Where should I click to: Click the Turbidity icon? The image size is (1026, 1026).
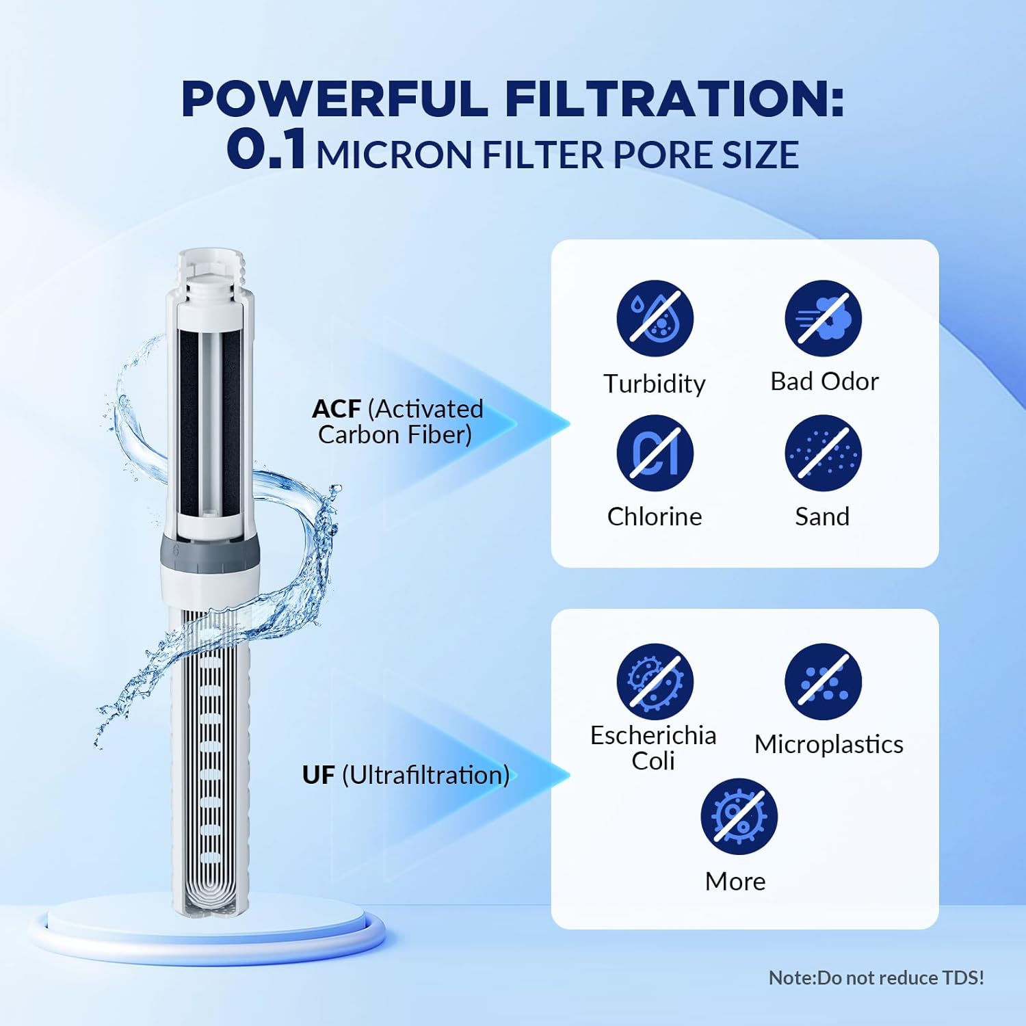pos(655,319)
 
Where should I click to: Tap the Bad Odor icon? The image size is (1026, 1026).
pos(823,319)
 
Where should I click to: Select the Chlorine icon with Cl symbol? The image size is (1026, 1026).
pos(655,453)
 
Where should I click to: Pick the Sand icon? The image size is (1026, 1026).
pos(823,453)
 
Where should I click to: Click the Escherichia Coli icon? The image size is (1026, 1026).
pos(655,681)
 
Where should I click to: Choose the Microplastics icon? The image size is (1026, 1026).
pos(823,681)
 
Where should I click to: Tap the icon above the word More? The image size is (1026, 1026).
pos(739,816)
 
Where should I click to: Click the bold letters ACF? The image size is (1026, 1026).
pos(336,409)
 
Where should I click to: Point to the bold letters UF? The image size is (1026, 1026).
pos(318,775)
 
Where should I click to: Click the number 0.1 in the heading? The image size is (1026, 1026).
pos(266,150)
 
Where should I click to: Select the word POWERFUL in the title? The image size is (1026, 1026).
pos(334,99)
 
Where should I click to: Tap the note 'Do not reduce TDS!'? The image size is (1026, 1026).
pos(876,977)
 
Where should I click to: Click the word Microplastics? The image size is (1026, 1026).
pos(828,744)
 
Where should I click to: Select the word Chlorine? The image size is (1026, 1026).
pos(655,516)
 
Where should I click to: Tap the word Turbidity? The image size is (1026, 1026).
pos(655,384)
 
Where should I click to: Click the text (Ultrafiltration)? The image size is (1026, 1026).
pos(425,775)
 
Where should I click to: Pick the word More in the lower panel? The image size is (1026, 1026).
pos(735,881)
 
